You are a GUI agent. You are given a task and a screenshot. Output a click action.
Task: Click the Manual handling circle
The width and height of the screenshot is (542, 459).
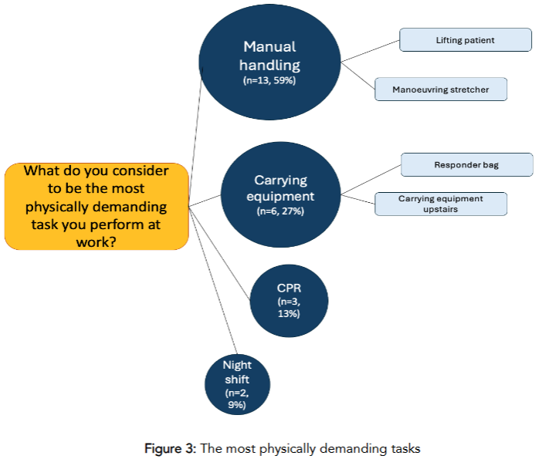270,62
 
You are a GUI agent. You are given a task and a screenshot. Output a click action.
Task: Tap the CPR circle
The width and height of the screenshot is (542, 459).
290,299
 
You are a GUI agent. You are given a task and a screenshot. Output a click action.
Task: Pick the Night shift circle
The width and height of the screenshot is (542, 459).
238,384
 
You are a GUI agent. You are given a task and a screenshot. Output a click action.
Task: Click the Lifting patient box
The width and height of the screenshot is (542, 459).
465,40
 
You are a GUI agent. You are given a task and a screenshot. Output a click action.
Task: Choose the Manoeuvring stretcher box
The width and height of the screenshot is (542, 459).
441,89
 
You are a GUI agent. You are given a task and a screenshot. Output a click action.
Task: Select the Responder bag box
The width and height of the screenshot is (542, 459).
467,164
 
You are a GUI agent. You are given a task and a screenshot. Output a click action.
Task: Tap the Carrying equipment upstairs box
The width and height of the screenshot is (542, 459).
441,204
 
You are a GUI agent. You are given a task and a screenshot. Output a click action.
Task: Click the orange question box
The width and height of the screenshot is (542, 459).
97,206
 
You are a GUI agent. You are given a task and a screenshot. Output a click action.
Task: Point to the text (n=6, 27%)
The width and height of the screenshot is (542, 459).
280,211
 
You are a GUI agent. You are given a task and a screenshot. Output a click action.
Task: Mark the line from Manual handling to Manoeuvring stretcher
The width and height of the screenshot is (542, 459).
358,75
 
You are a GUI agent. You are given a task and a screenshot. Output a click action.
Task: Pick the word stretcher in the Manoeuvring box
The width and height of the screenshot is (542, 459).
469,89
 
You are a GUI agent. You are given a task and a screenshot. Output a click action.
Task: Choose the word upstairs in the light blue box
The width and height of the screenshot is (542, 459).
441,209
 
